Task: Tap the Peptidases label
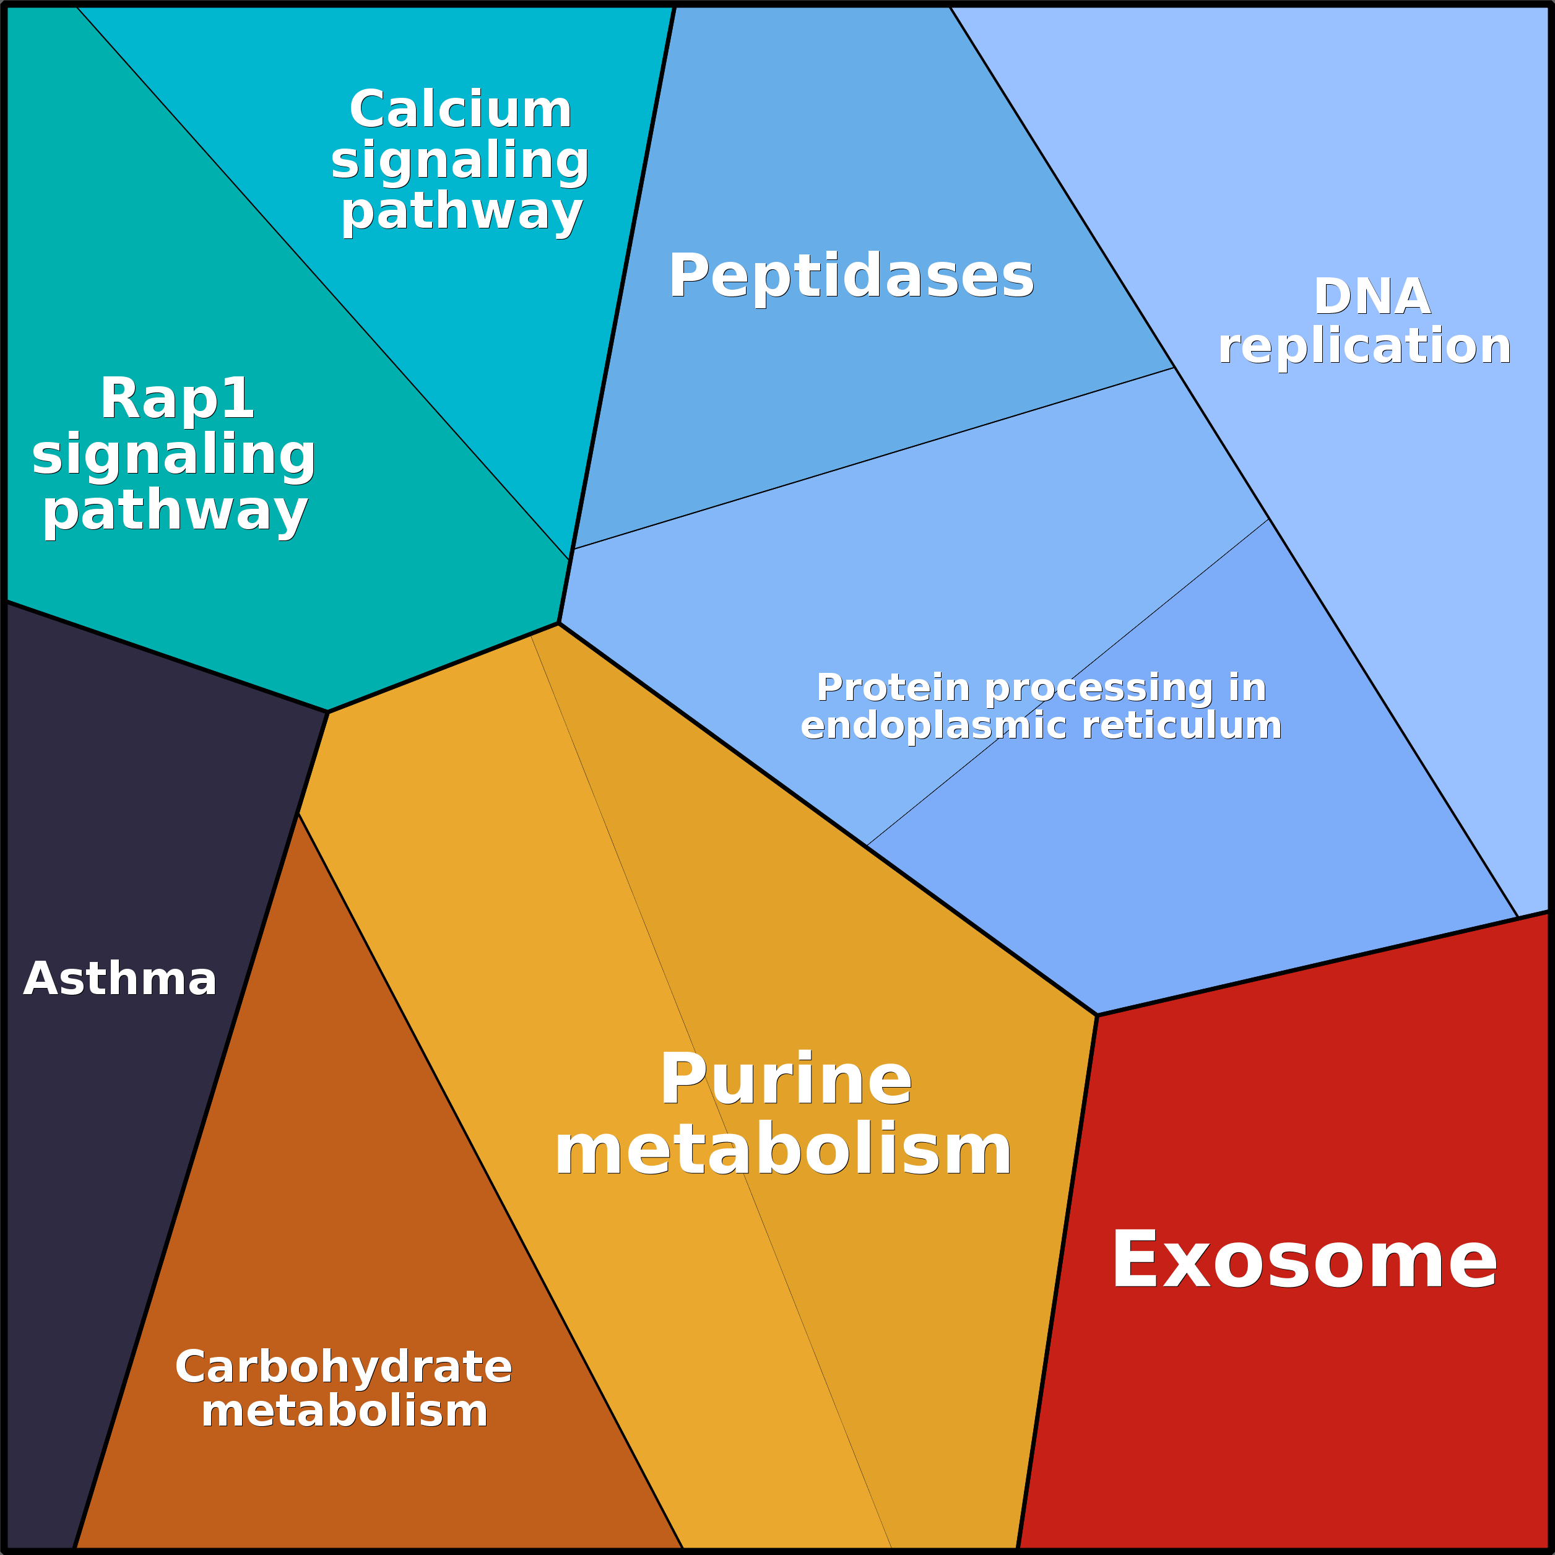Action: click(851, 276)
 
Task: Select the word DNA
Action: click(1372, 297)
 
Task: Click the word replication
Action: click(1364, 346)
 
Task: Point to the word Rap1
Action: click(176, 399)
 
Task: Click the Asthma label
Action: click(120, 979)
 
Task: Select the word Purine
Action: click(786, 1080)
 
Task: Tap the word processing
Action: click(1099, 689)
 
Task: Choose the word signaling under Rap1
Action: click(173, 456)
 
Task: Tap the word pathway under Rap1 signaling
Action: click(175, 512)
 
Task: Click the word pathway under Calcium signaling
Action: click(461, 212)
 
